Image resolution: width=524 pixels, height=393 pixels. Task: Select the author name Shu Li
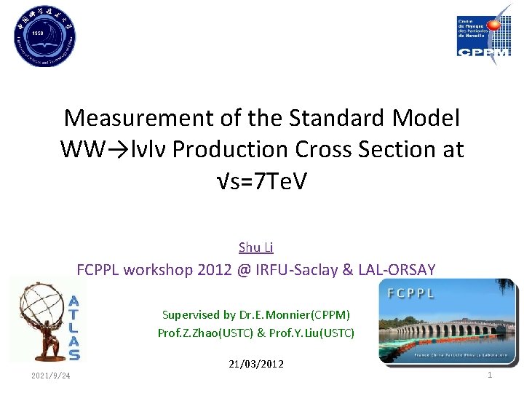coord(255,247)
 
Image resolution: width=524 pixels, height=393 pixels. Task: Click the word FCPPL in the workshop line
coord(98,270)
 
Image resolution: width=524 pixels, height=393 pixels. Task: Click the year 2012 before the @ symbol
coord(216,270)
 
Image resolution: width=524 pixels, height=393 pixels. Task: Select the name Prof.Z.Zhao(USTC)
coord(205,333)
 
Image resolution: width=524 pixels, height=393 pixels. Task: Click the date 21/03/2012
coord(255,363)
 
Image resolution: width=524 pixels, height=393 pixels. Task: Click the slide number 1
coord(490,375)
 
